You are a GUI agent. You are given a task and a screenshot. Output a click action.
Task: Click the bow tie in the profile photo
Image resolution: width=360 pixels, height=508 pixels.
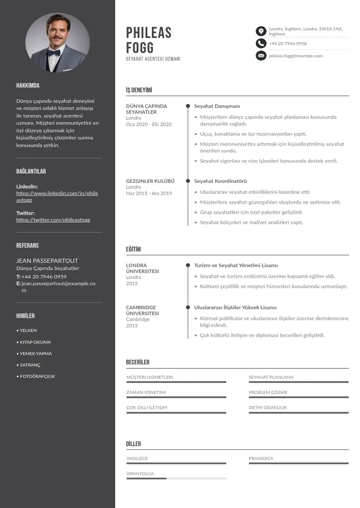[x=54, y=53]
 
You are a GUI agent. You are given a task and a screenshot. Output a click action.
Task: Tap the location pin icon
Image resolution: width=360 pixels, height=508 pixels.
[x=261, y=31]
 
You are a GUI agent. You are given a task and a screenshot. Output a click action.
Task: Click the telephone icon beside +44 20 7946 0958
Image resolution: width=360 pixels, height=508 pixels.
[x=261, y=44]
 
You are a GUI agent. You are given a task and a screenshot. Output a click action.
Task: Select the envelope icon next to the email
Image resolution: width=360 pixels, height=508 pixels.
[x=261, y=56]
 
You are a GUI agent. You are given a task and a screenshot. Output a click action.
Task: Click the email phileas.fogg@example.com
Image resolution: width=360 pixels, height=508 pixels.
[x=296, y=56]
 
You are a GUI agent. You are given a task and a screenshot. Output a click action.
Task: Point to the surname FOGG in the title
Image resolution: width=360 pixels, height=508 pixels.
[x=140, y=48]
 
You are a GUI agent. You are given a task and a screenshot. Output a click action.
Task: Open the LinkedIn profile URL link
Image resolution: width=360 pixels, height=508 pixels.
[x=57, y=196]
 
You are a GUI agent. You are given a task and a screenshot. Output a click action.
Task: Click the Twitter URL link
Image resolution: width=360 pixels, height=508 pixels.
[x=53, y=220]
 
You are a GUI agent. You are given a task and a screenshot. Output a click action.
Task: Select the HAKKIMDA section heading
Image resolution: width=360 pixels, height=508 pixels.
[x=28, y=85]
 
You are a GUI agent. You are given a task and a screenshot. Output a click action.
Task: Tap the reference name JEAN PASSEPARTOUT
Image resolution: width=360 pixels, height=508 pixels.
[x=47, y=261]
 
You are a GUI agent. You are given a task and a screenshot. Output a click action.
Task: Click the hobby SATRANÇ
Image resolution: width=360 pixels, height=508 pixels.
[x=30, y=365]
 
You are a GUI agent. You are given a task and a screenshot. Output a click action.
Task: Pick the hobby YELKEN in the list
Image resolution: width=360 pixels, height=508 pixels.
[x=28, y=331]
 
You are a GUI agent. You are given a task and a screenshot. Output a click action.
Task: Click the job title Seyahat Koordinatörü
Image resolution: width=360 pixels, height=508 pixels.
[x=220, y=181]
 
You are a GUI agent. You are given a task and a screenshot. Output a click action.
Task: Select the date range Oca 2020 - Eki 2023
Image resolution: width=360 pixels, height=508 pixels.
[x=149, y=124]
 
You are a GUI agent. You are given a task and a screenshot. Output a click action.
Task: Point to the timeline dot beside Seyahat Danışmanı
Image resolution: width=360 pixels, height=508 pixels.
[x=188, y=106]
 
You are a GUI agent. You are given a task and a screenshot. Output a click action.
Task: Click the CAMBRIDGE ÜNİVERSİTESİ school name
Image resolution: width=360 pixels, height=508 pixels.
[x=142, y=310]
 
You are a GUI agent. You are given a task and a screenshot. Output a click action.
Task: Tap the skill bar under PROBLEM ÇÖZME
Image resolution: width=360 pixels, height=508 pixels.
[x=298, y=397]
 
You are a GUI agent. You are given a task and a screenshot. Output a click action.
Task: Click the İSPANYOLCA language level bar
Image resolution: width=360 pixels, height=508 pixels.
[x=176, y=479]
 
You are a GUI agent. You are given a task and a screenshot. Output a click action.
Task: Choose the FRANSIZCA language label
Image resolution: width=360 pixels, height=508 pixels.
[x=261, y=459]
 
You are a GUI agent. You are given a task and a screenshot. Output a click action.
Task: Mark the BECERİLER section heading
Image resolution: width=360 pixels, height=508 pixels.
[x=137, y=362]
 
